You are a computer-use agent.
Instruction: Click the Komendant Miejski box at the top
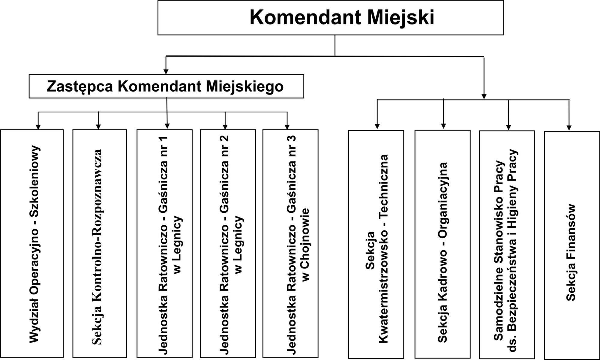330,18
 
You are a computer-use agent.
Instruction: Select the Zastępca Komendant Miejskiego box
166,86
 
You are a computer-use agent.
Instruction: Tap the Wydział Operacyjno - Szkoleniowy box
32,243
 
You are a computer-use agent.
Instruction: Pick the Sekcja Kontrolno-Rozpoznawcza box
100,243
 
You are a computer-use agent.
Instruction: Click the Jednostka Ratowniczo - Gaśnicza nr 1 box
164,243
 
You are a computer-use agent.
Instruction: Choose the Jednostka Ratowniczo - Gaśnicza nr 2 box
228,243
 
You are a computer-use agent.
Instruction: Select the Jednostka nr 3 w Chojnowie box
290,243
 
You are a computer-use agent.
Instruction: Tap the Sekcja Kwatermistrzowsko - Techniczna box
376,244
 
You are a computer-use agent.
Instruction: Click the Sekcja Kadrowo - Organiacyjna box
442,244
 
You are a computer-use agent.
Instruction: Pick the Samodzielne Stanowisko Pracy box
507,244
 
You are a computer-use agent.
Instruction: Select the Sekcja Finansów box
572,245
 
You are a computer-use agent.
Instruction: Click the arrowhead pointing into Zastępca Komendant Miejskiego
166,72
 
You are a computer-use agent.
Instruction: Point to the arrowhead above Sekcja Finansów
569,128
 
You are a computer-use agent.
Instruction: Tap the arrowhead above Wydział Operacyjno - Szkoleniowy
38,127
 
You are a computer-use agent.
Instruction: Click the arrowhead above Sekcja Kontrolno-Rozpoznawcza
98,127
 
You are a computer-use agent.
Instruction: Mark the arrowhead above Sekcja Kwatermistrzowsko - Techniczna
377,126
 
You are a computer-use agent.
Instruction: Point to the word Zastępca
79,87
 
